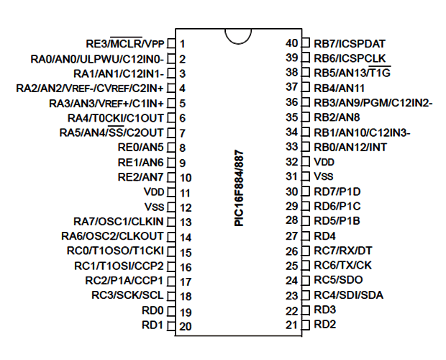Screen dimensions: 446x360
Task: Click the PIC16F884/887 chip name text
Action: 239,188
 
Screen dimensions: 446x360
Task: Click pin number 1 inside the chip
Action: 182,44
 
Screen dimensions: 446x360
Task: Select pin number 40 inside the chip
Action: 291,43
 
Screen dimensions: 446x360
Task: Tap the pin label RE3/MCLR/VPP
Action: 125,43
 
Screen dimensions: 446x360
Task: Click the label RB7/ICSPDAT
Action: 350,43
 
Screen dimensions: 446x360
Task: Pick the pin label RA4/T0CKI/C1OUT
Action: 116,118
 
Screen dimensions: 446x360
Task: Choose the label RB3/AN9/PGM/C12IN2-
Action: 373,103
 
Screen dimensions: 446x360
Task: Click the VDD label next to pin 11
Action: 154,192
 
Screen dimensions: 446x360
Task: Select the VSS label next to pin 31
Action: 324,176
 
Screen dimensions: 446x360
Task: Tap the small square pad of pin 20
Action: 171,326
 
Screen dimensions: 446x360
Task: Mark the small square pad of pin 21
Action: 306,325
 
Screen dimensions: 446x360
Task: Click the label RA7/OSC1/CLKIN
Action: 119,222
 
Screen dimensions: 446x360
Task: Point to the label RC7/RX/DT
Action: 342,251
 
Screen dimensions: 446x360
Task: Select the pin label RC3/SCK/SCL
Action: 128,295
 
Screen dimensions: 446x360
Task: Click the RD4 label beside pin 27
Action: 325,236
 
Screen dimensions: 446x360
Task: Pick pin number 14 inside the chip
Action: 186,238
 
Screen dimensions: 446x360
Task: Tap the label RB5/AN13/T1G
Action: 352,73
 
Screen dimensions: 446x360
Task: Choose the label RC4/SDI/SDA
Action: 348,294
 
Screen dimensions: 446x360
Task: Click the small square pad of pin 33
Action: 306,147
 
